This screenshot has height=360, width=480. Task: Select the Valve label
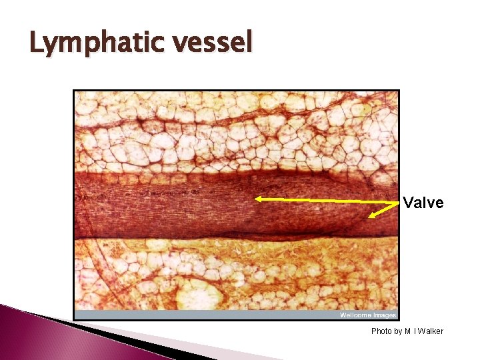point(423,203)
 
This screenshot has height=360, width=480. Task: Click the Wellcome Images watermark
point(368,315)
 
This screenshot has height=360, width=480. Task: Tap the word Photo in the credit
point(381,331)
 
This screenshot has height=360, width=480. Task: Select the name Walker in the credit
point(431,331)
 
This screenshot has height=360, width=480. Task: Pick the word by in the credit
point(399,331)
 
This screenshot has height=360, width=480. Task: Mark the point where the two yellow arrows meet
point(398,201)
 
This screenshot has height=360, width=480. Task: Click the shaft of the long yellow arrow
point(327,199)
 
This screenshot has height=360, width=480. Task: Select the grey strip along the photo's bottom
point(200,315)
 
